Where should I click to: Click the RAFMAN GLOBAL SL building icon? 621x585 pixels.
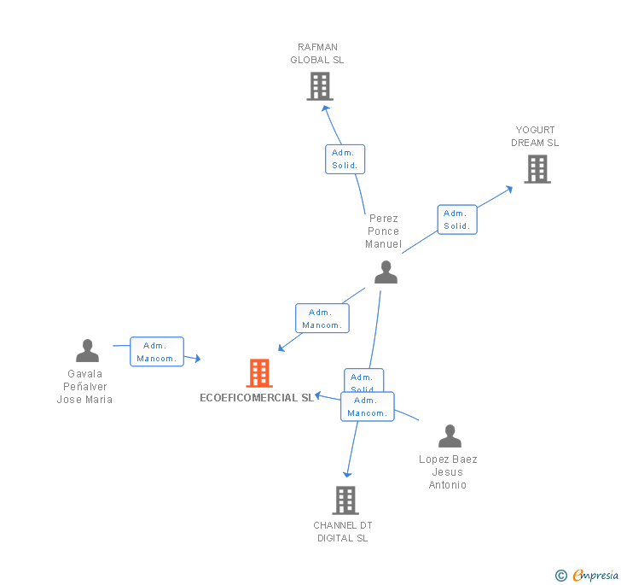point(320,86)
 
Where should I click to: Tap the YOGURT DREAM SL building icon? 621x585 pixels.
point(537,169)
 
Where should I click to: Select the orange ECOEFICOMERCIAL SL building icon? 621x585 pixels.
point(259,373)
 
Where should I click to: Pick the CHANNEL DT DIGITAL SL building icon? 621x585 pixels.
point(345,500)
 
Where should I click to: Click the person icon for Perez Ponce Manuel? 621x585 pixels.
point(386,272)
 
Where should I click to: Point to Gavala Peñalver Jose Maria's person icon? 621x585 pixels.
point(87,351)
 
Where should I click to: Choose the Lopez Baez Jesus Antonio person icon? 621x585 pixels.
point(450,436)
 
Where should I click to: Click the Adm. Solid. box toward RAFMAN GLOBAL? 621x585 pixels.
point(345,159)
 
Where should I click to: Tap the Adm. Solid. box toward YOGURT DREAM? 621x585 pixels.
point(456,219)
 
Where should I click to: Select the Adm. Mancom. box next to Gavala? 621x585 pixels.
point(157,352)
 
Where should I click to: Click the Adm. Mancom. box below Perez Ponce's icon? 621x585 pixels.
point(322,319)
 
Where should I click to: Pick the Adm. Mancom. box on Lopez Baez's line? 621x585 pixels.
point(368,407)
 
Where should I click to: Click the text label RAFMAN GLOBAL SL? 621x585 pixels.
point(317,54)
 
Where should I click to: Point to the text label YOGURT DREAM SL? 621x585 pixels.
point(535,137)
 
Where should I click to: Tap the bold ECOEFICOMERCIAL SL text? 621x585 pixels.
point(257,398)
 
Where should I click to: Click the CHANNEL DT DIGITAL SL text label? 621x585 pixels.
point(343,531)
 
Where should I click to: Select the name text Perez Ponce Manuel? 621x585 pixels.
point(383,231)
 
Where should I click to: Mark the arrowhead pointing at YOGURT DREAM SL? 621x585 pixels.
point(509,189)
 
